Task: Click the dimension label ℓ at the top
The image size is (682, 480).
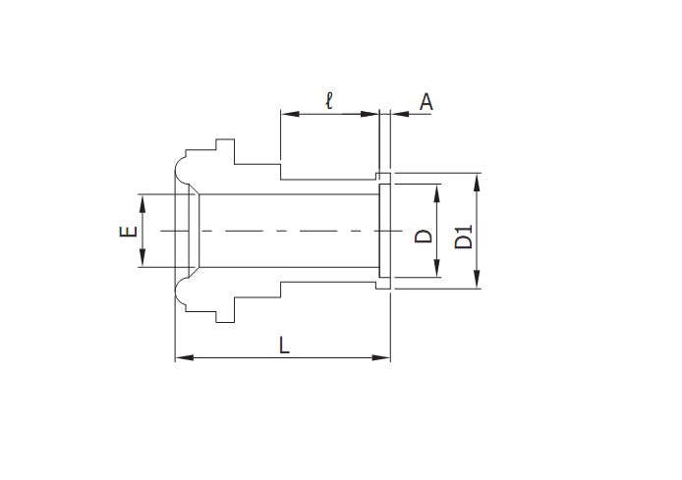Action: click(x=329, y=99)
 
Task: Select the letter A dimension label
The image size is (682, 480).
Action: click(x=426, y=100)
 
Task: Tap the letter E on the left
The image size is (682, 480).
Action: click(x=126, y=232)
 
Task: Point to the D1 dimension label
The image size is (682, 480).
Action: click(x=465, y=236)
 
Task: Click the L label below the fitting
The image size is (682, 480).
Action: click(x=284, y=345)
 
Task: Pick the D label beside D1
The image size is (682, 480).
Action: click(x=424, y=236)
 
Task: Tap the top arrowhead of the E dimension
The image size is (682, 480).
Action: click(x=142, y=199)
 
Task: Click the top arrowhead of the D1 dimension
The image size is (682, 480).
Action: click(x=478, y=180)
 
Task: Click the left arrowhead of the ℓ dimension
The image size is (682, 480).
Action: click(x=287, y=114)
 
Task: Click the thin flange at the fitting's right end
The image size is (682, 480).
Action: click(x=384, y=232)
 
